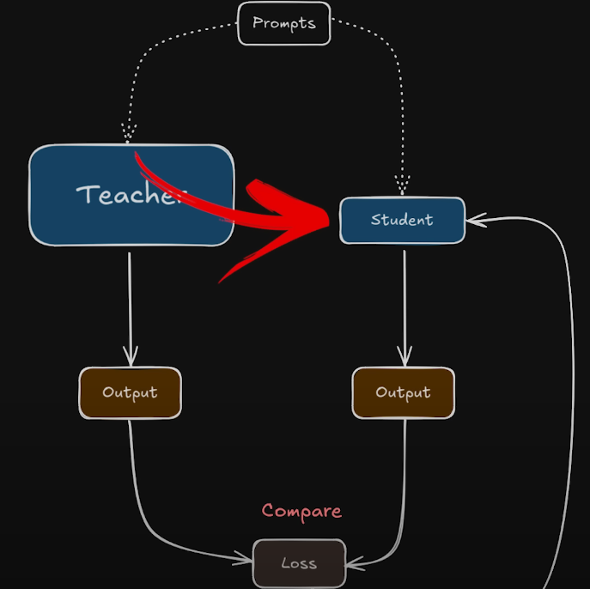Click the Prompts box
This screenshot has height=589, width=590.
coord(283,23)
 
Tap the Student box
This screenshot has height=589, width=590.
coord(402,221)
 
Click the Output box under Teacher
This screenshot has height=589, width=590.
coord(131,393)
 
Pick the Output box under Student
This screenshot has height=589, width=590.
coord(403,393)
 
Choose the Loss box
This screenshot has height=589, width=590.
coord(299,564)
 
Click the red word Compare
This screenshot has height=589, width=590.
coord(301,511)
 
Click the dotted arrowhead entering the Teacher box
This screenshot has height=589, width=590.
coord(129,135)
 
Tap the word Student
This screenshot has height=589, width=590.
coord(402,221)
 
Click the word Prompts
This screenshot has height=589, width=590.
coord(283,23)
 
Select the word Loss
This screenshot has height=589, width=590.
coord(299,564)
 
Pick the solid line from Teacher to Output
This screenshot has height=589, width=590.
coord(130,301)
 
